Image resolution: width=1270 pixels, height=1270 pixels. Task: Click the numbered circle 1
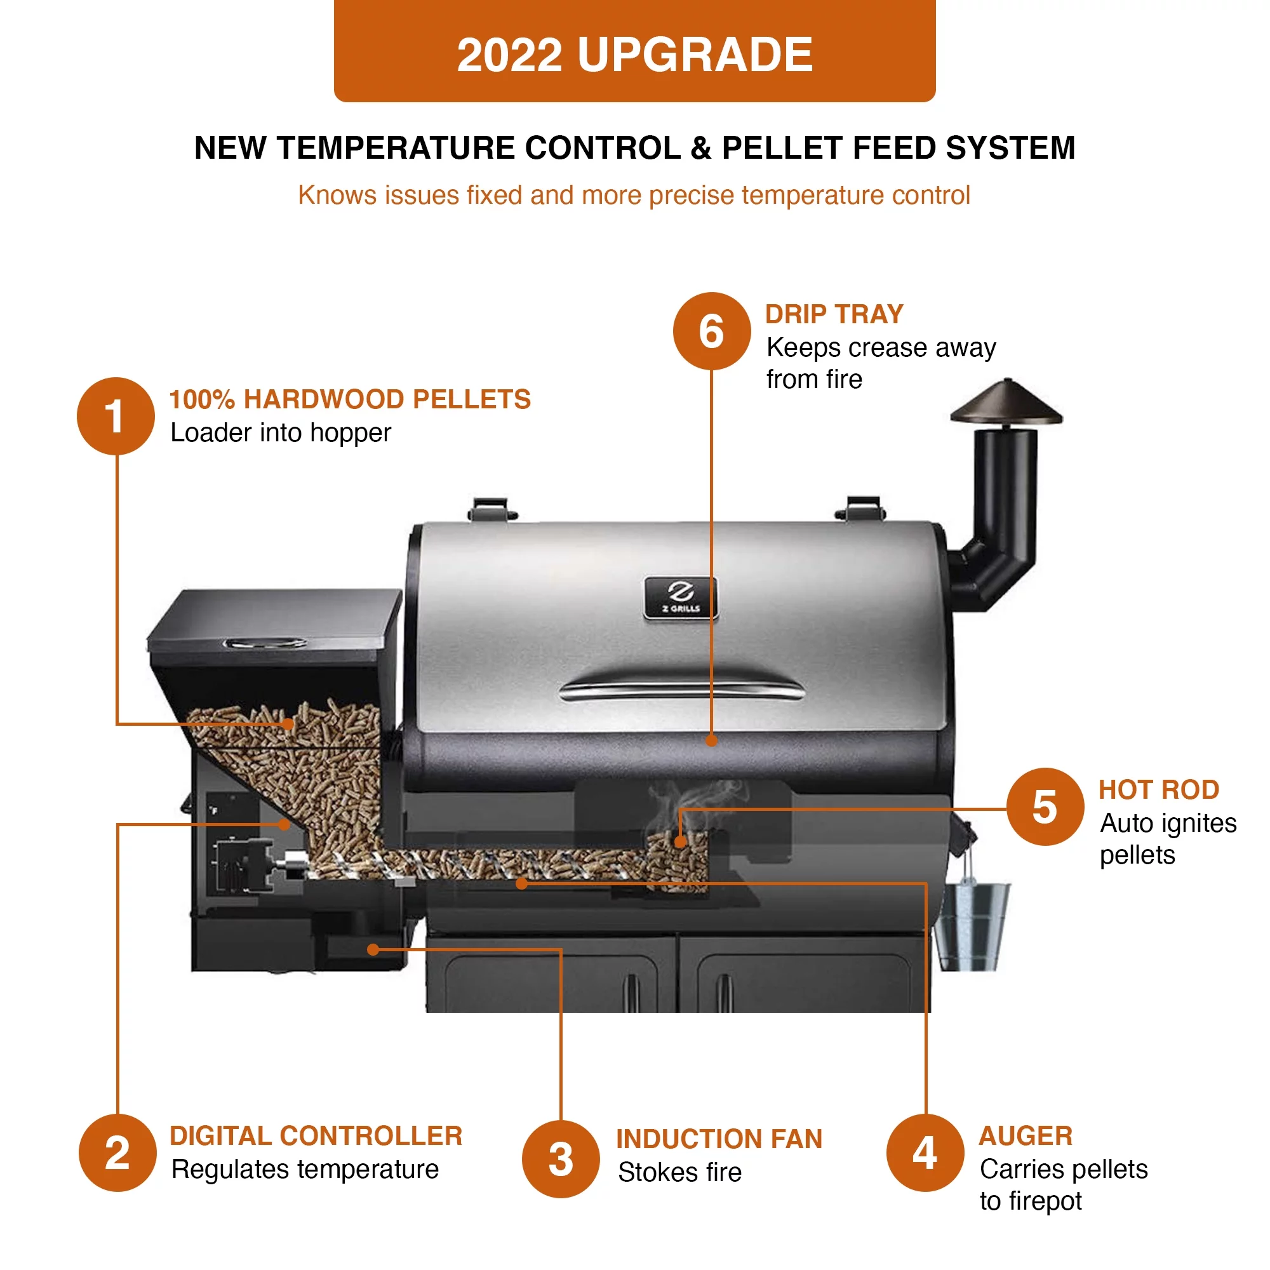[x=116, y=416]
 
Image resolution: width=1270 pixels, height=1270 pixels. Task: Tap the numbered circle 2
[x=117, y=1153]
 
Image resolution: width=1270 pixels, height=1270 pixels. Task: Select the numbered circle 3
[x=561, y=1159]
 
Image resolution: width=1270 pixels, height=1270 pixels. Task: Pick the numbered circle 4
[x=925, y=1153]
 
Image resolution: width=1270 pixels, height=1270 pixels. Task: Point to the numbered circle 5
[x=1045, y=806]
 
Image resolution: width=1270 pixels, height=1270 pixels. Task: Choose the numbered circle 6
[x=711, y=331]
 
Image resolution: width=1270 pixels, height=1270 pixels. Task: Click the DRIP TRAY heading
[x=834, y=314]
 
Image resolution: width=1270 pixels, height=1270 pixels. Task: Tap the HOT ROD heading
[x=1158, y=789]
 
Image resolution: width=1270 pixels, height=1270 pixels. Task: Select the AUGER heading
[x=1026, y=1136]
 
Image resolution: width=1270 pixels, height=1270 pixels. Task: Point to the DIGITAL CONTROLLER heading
[x=316, y=1136]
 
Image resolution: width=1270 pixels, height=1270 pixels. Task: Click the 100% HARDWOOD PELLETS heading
[x=350, y=399]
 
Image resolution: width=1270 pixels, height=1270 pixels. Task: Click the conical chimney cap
[x=1006, y=403]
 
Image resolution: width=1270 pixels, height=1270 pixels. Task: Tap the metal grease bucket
[x=972, y=926]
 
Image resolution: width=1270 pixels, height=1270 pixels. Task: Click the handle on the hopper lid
[x=264, y=642]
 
